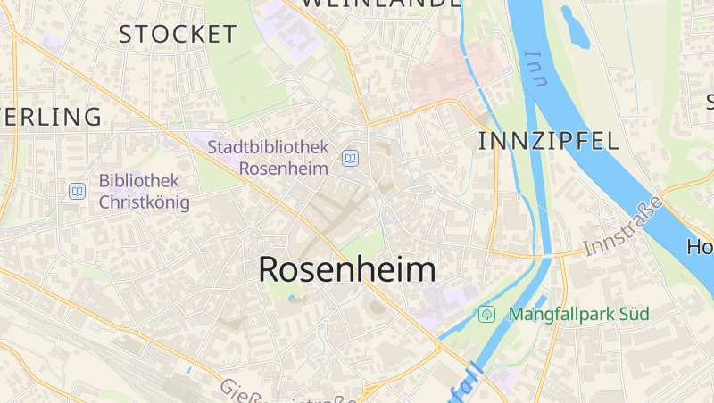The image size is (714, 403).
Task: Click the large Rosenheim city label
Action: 347,269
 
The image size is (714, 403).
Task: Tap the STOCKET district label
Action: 178,35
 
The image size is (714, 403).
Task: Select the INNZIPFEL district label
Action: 549,140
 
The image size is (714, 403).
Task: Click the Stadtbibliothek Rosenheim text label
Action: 268,157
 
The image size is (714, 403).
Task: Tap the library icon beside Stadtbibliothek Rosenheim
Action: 350,160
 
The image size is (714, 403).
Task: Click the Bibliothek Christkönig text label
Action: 144,191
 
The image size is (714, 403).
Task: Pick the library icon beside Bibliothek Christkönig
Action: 77,191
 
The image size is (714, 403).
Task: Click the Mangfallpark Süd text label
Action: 578,314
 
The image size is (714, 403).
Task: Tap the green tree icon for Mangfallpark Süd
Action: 486,314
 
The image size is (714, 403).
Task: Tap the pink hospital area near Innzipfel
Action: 455,67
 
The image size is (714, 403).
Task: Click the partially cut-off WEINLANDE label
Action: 380,4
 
